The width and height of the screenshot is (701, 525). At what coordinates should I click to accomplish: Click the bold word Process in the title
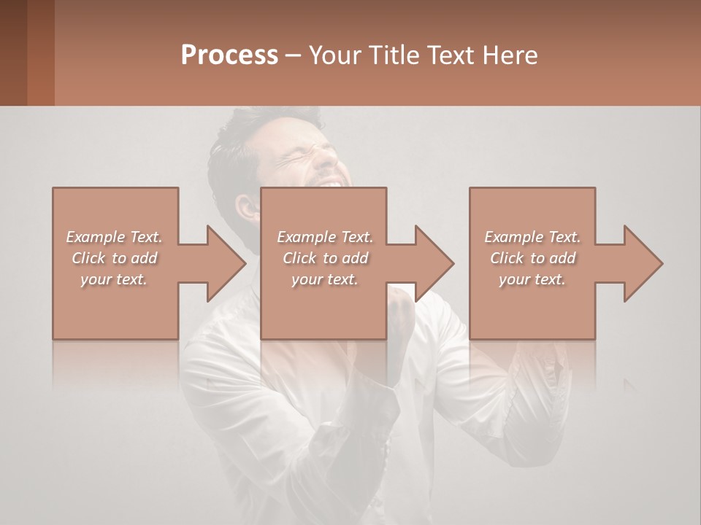point(229,55)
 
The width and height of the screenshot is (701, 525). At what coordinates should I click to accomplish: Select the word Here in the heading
point(509,55)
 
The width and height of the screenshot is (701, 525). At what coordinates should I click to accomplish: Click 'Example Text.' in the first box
point(114,237)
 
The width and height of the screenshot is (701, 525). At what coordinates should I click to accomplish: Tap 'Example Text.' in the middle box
point(324,237)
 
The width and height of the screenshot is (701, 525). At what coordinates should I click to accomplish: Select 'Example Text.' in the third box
point(532,237)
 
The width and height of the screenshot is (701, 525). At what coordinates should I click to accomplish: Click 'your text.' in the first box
point(114,279)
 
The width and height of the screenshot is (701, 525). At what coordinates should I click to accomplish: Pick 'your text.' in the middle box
point(324,279)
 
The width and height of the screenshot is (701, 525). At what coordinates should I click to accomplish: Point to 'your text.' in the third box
point(532,279)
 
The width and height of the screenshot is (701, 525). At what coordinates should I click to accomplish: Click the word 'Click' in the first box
point(88,258)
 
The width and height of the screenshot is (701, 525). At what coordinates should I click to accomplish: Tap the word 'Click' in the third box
point(507,258)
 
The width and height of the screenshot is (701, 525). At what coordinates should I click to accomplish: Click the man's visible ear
point(248,209)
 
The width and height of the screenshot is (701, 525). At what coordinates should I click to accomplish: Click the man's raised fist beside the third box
point(544,357)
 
